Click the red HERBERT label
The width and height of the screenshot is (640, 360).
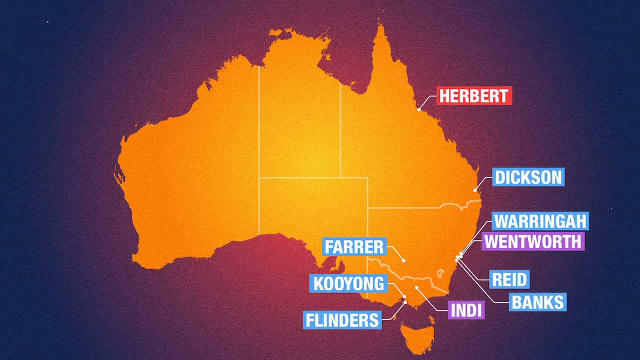point(474,95)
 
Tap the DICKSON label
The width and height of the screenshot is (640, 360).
point(528,177)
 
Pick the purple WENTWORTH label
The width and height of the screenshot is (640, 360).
point(533,241)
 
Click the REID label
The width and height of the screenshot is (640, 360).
point(509,279)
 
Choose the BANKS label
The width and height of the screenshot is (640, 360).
point(538,302)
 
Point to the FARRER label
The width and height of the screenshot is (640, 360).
point(354,246)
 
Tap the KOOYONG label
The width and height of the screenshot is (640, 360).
point(348,283)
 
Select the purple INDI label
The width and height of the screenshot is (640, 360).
point(466,310)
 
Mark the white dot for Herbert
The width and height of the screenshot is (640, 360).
point(419,108)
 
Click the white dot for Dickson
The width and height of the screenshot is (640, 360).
point(475,190)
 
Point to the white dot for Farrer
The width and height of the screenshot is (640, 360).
point(403,260)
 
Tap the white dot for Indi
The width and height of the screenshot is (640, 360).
point(416,288)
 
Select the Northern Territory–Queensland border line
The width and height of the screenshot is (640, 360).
point(340,130)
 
